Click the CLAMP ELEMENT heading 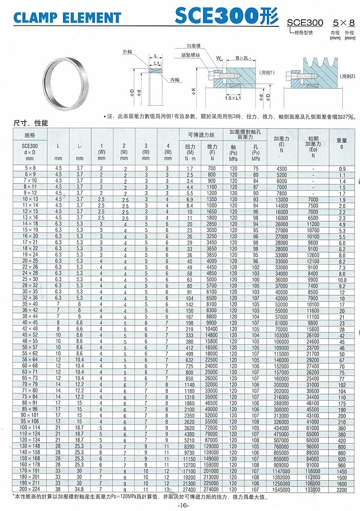click(67, 18)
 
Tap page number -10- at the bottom click(183, 506)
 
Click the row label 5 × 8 click(30, 169)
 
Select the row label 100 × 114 click(30, 427)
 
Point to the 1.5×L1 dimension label click(234, 98)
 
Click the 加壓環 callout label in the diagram click(194, 46)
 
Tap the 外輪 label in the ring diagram click(127, 51)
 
